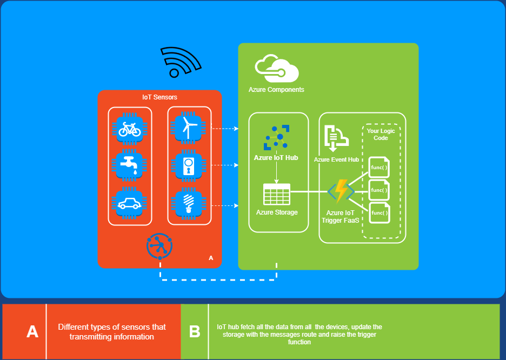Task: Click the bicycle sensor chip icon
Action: [129, 129]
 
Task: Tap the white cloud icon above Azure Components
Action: [277, 69]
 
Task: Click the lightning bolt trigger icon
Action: [341, 191]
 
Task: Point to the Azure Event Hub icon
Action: [336, 138]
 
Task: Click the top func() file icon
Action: [379, 167]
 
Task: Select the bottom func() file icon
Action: [379, 212]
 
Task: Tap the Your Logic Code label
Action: [381, 134]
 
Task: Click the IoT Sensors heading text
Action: [159, 97]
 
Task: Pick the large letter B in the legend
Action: [195, 331]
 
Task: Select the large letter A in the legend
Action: [32, 331]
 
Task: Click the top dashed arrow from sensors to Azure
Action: [224, 129]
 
